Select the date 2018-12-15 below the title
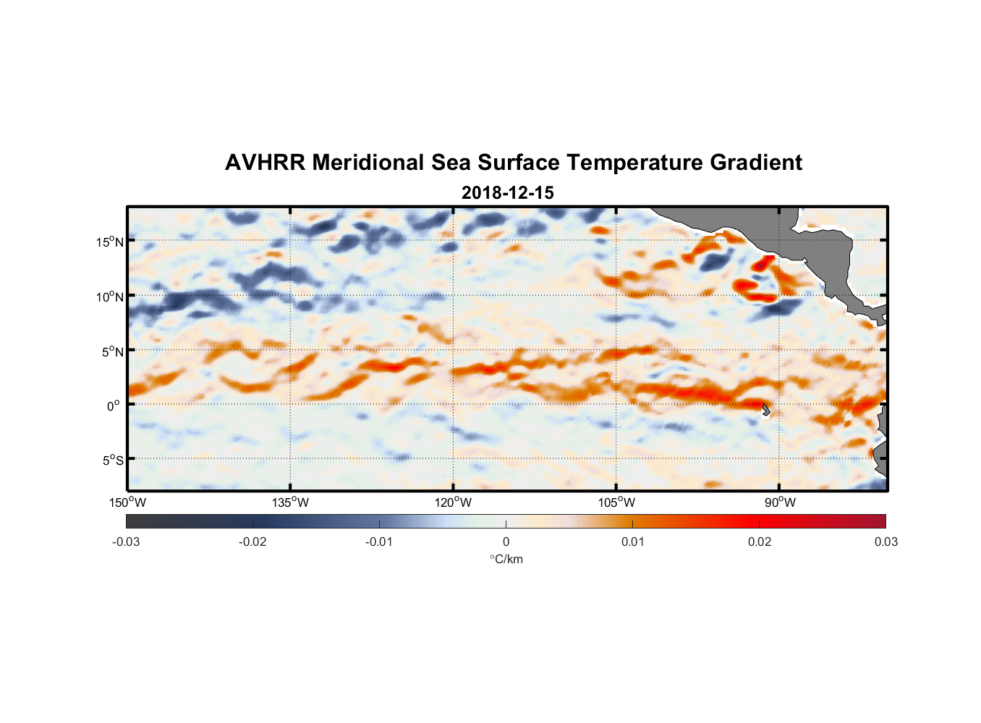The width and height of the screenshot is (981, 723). pyautogui.click(x=507, y=193)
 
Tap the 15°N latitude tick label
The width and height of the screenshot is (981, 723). pyautogui.click(x=110, y=242)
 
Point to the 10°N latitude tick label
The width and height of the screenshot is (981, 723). pyautogui.click(x=110, y=297)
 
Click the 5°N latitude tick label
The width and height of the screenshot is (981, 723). pyautogui.click(x=113, y=352)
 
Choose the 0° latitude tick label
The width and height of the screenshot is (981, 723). pyautogui.click(x=114, y=406)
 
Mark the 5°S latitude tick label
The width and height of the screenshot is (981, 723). pyautogui.click(x=113, y=461)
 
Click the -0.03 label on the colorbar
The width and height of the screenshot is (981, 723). pyautogui.click(x=126, y=542)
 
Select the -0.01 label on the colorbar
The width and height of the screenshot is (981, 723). pyautogui.click(x=379, y=542)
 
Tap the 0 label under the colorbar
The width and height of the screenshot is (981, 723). pyautogui.click(x=506, y=542)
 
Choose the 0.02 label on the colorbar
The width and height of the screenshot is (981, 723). pyautogui.click(x=760, y=542)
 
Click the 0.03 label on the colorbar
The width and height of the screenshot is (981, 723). pyautogui.click(x=886, y=542)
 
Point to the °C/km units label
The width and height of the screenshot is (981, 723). pyautogui.click(x=506, y=560)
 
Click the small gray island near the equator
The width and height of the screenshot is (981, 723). pyautogui.click(x=765, y=409)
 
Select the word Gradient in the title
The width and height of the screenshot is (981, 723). pyautogui.click(x=756, y=163)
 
